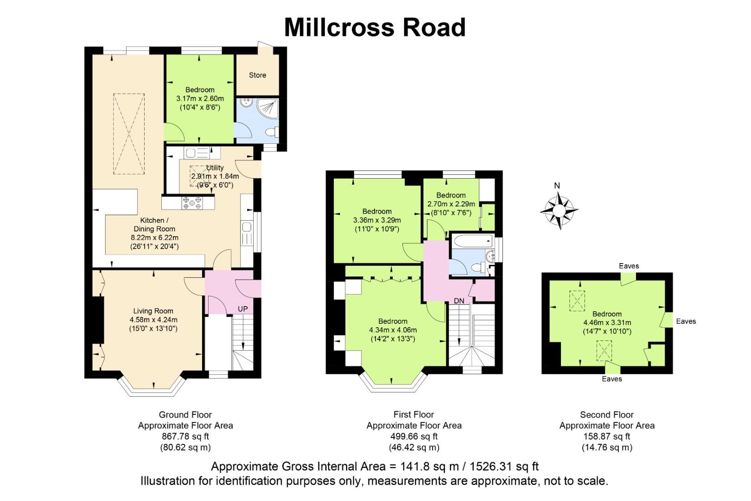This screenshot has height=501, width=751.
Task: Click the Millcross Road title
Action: coord(375,27)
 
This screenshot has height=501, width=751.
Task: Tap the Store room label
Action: coord(257,75)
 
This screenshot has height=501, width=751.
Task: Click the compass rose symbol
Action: coord(559,211)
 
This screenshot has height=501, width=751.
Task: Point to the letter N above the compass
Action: coord(557,186)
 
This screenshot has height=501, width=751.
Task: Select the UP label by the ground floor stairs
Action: coord(243,309)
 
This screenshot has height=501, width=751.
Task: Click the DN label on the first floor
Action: coord(459,301)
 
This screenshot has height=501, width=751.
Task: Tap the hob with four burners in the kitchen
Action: coord(192,203)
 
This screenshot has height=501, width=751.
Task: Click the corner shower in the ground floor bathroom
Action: coord(268,109)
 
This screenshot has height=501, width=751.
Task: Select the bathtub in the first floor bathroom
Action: coord(473,241)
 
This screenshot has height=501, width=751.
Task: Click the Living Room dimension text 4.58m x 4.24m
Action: coord(153,320)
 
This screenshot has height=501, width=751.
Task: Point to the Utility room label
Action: coord(215,167)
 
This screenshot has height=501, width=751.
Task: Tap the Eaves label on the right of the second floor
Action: coord(686,321)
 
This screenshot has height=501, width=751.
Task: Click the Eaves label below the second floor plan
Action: coord(612,379)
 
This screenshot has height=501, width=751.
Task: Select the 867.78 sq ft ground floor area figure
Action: coord(185,437)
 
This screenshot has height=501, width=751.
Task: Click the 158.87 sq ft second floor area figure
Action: coord(607,437)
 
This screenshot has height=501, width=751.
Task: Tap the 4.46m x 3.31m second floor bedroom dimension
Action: coord(607,323)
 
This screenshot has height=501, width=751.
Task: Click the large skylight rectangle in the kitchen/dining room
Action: coord(129,134)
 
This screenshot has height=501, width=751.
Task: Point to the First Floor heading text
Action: coord(414,415)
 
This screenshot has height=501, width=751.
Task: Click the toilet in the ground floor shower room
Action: coord(272,132)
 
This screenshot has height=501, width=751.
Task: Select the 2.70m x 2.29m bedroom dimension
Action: coord(451,204)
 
